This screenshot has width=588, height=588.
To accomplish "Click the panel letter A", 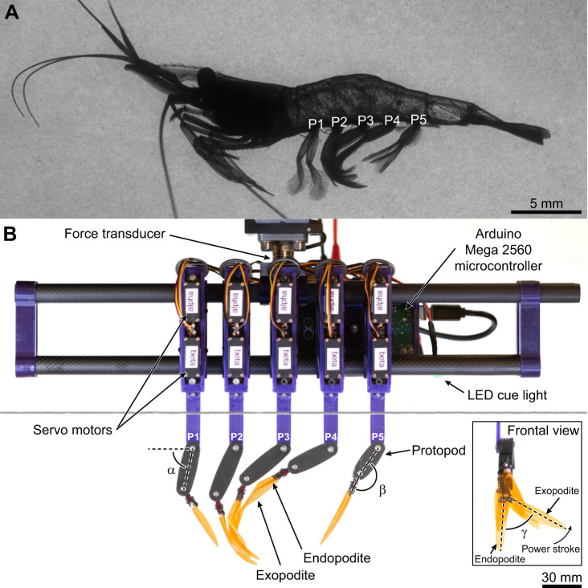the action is tap(11, 12).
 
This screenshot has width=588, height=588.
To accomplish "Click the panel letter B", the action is tap(10, 234).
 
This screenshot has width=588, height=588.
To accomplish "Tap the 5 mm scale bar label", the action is tap(546, 203).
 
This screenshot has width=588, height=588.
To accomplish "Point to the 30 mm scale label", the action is tap(561, 577).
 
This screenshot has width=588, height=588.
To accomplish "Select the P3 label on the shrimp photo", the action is tap(365, 120).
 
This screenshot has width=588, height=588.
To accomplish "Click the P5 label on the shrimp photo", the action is tap(419, 119).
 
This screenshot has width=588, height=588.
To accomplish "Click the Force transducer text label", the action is tap(115, 234).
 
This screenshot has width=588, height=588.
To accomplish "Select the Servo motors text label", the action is tap(72, 430).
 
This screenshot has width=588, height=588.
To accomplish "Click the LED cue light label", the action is tap(507, 395).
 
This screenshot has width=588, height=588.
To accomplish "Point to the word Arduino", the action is tap(498, 234).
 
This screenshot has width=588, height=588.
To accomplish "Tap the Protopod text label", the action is tap(439, 450).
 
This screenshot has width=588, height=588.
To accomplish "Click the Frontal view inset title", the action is tap(543, 431).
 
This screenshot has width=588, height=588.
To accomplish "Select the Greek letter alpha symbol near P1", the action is tap(171, 470).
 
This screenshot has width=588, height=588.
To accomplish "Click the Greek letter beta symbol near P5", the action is tap(382, 490).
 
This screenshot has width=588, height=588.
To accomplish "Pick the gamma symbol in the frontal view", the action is tap(525, 533).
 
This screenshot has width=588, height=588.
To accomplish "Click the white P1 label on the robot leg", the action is tap(193, 436).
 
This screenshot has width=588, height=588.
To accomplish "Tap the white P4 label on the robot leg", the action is tap(331, 436).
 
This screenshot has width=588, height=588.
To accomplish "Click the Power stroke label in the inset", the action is tap(550, 549).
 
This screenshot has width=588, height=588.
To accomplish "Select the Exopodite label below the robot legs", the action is tap(285, 575).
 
